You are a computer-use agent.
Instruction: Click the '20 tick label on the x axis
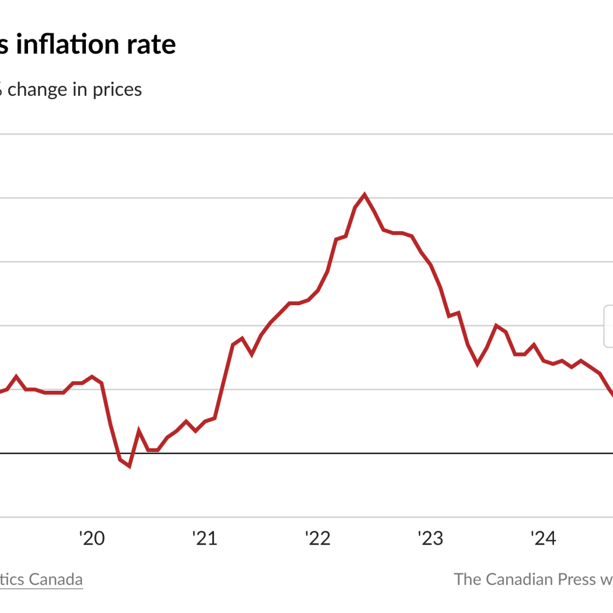click(92, 538)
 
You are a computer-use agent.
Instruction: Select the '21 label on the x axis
click(204, 538)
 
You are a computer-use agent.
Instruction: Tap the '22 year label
click(318, 538)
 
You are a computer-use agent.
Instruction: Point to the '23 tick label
click(430, 538)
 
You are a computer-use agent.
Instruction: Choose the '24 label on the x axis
click(543, 538)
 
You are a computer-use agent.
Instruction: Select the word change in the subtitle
click(37, 89)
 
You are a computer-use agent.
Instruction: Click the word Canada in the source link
click(56, 579)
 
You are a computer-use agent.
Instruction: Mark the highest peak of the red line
click(364, 195)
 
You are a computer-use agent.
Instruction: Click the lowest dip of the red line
click(129, 466)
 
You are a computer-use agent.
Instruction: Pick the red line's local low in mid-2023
click(477, 364)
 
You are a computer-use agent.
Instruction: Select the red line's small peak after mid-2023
click(496, 325)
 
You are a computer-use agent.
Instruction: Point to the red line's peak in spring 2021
click(242, 338)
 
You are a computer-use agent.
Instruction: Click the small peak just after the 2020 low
click(139, 431)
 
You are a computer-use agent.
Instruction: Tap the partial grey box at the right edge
click(609, 326)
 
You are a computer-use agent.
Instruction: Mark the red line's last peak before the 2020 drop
click(92, 377)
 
